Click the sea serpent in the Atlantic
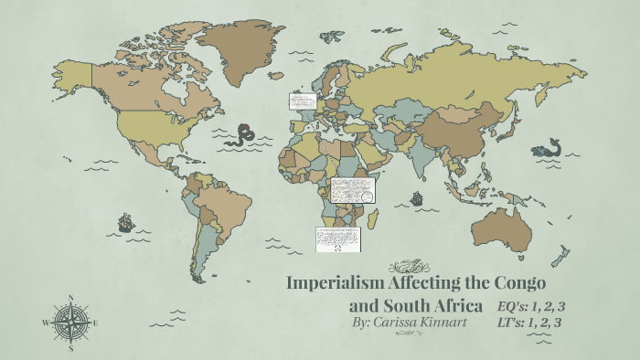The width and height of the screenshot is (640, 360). tap(243, 135)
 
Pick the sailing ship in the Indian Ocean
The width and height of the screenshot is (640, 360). tap(417, 197)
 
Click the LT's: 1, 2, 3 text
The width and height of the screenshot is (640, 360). tap(530, 323)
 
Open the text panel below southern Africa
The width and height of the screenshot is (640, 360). tap(338, 240)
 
